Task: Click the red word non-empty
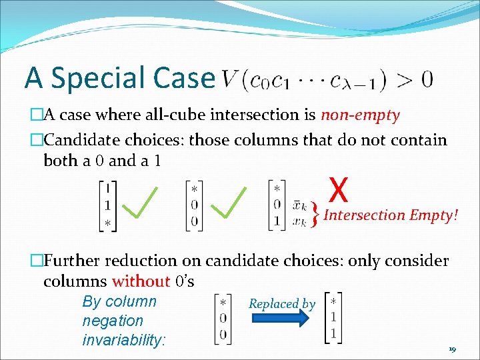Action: (360, 115)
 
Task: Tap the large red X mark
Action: (339, 189)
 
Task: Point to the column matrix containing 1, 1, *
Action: (108, 206)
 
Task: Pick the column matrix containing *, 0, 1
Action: (277, 205)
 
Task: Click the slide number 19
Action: (451, 349)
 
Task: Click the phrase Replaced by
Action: (282, 304)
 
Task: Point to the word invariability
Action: (123, 340)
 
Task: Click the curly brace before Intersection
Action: (314, 215)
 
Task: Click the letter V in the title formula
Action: (229, 80)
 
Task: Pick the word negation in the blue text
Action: (113, 321)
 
